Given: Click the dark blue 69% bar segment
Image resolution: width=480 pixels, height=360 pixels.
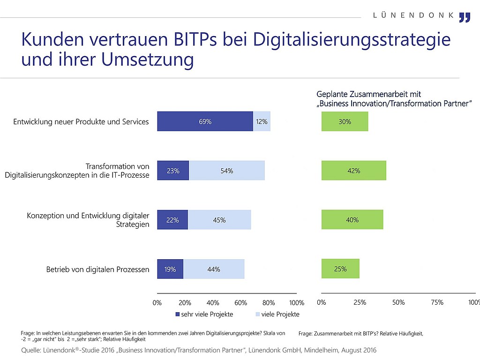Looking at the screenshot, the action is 205,121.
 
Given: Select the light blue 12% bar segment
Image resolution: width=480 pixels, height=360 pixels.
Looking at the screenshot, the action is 262,121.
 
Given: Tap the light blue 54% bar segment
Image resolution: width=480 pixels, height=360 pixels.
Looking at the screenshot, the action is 227,171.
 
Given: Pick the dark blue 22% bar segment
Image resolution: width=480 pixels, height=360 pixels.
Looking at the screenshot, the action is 172,220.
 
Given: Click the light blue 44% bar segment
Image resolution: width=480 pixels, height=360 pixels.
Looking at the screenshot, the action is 214,269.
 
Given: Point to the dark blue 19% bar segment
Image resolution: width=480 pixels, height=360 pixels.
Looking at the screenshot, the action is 170,269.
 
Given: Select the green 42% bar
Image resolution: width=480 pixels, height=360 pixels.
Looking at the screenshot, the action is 354,171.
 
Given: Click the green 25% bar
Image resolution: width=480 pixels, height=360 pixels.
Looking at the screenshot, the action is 340,269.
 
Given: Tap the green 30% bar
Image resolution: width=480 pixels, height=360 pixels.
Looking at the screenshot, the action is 345,121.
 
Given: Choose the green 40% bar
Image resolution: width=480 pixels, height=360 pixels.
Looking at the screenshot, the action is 352,220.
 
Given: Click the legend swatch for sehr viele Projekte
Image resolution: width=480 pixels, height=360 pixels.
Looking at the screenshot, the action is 178,315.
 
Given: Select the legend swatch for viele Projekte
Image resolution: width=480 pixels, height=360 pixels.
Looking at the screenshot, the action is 258,315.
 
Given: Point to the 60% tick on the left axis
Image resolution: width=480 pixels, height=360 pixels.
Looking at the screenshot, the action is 240,303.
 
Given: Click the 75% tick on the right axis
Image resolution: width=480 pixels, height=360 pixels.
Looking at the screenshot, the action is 437,302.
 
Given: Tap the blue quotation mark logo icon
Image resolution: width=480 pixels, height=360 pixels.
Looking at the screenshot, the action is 465,17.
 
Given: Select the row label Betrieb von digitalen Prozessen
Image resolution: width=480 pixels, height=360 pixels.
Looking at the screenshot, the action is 97,270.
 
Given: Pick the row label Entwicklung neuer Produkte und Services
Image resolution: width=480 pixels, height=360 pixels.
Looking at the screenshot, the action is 81,122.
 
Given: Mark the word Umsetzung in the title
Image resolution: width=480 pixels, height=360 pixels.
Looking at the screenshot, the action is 148,60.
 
